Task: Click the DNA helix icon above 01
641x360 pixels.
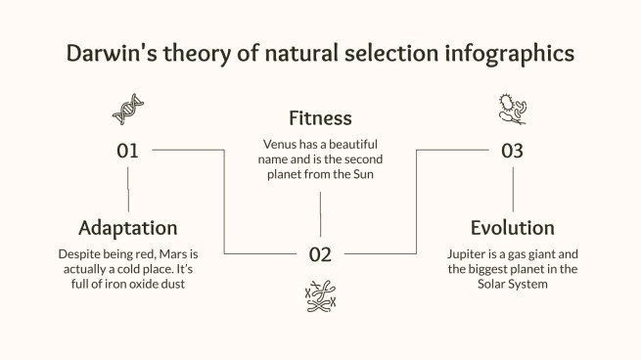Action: [128, 110]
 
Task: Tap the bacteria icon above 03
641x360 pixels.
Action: [512, 109]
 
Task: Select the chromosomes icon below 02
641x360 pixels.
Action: [320, 295]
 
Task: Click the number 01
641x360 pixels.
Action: [128, 151]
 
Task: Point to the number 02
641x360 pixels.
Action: [320, 255]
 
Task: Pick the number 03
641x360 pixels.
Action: [512, 151]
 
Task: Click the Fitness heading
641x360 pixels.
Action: [320, 118]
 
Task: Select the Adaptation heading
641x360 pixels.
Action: [128, 228]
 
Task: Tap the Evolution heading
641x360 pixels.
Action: [512, 228]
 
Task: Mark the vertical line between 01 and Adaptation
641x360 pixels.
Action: [128, 189]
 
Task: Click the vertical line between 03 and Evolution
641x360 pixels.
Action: [512, 189]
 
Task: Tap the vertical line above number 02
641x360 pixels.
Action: [320, 214]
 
